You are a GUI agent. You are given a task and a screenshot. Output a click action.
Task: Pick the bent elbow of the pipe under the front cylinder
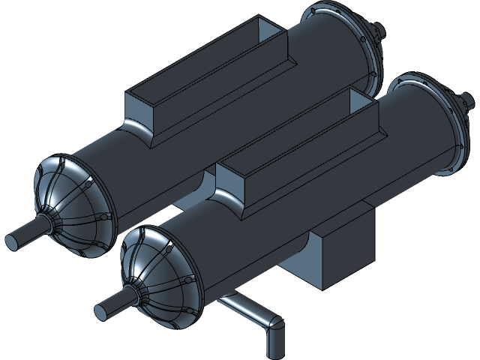274,323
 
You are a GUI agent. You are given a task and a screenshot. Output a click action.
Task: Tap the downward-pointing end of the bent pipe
274,346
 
